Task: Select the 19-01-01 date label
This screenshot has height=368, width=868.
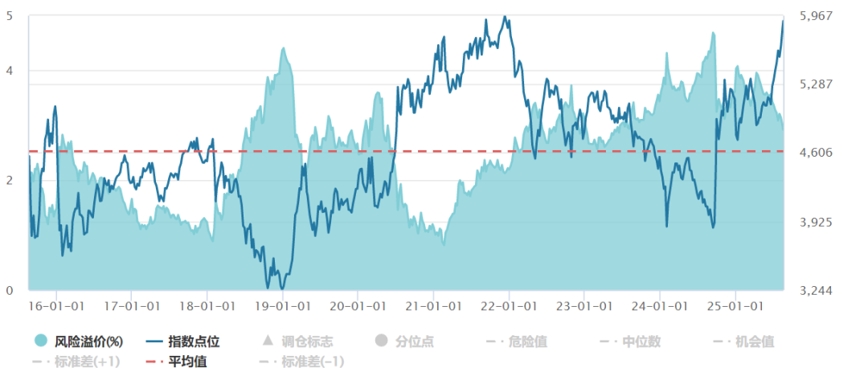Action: tap(283, 306)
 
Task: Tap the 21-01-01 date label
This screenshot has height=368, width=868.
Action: tap(434, 306)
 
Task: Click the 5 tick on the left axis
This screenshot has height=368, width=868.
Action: tap(10, 16)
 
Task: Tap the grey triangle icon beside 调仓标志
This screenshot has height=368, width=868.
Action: tap(268, 341)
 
